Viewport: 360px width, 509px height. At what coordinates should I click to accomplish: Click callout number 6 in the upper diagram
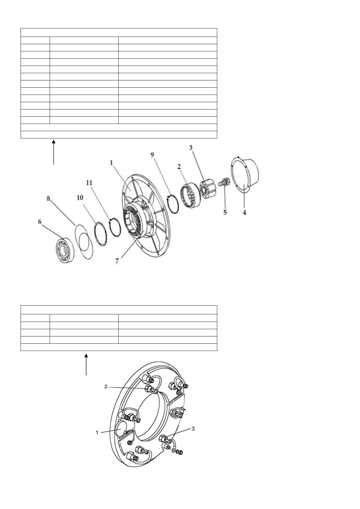point(40,221)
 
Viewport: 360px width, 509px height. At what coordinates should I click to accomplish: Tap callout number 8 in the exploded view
point(48,198)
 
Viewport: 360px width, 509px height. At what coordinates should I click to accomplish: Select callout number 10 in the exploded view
point(80,198)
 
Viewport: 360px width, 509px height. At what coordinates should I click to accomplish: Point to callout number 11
point(89,183)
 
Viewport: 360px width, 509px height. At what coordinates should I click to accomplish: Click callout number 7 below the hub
point(117,261)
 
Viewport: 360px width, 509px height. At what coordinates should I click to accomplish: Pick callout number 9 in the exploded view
point(152,155)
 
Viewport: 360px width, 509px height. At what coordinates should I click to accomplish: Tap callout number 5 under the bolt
point(225,212)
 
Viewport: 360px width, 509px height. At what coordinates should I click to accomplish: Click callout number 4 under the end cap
point(244,212)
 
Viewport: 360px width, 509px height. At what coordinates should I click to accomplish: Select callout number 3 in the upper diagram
point(191,148)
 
